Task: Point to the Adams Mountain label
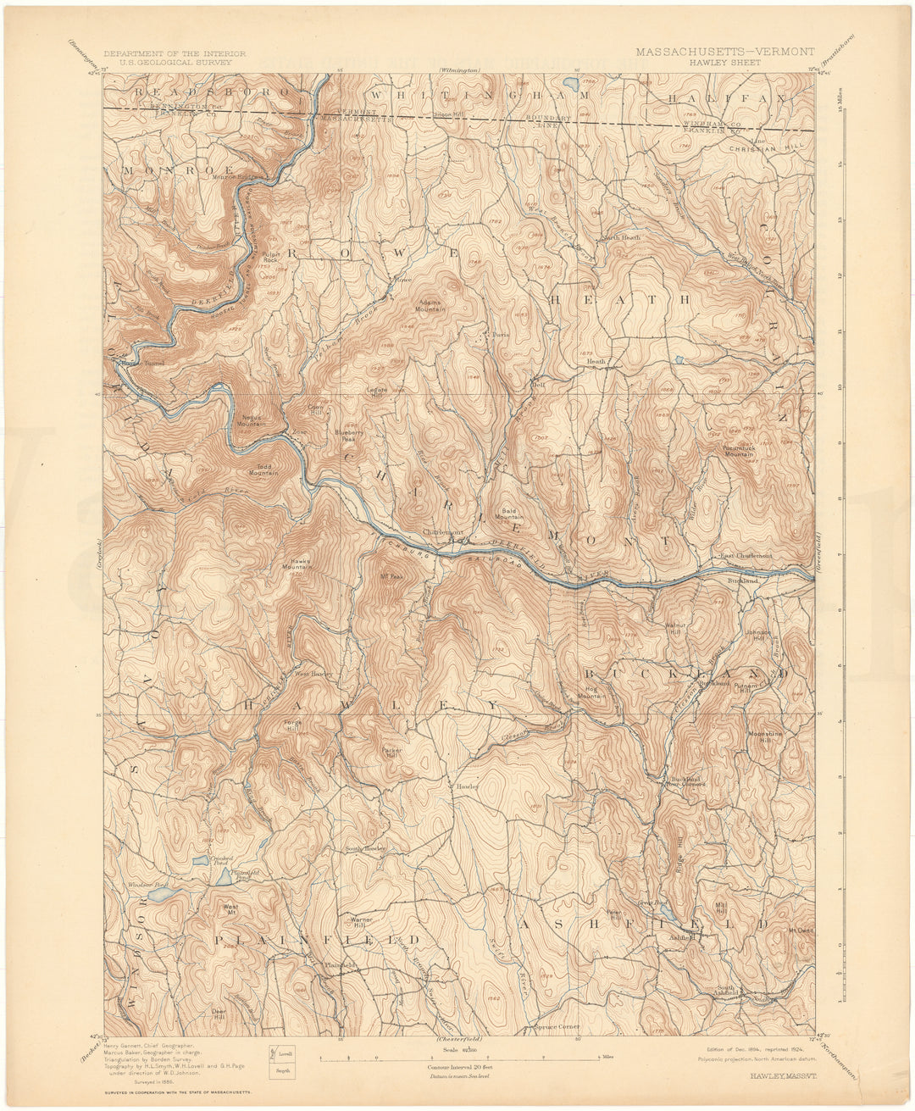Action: (x=430, y=306)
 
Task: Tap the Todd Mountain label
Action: (x=263, y=471)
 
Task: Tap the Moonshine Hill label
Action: (x=765, y=735)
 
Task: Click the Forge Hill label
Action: (x=292, y=725)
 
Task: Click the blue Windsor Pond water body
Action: (x=158, y=892)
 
